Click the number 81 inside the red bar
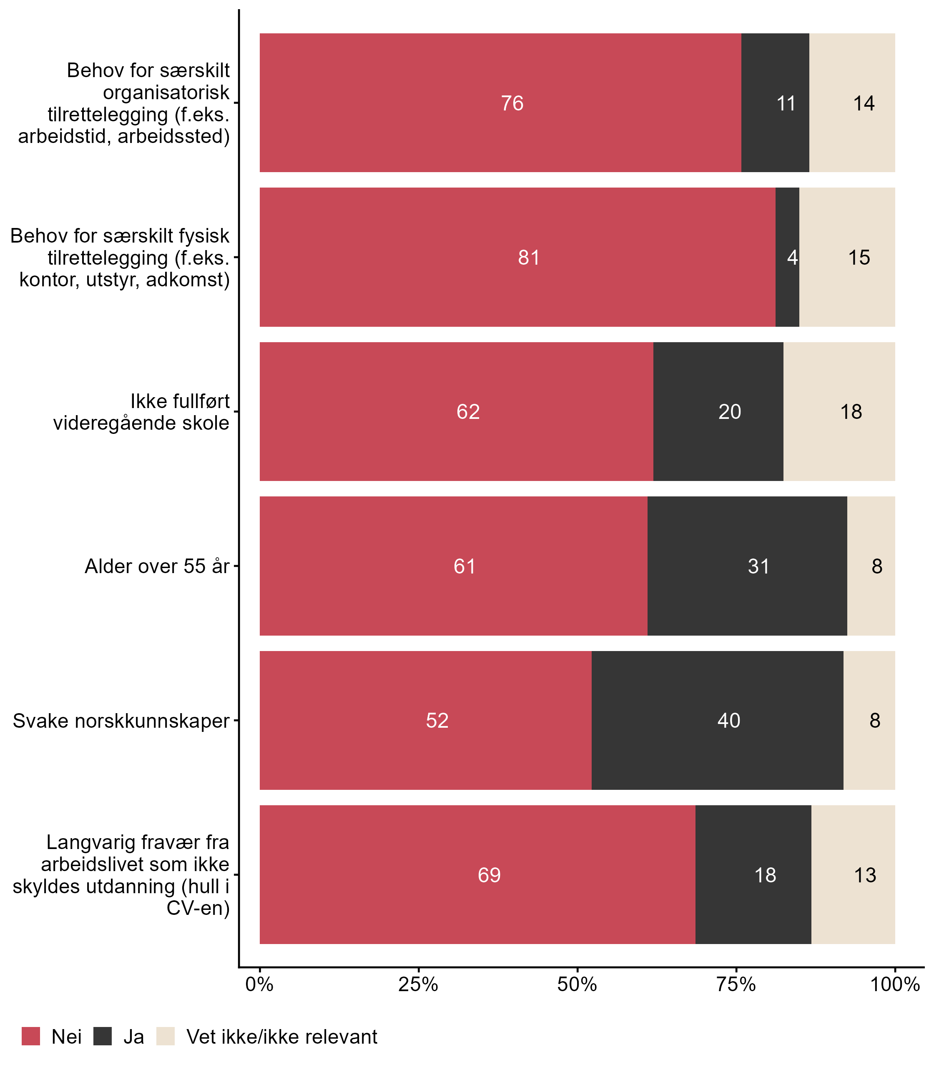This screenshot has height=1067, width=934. [x=529, y=258]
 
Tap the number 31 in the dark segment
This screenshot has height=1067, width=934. [x=758, y=566]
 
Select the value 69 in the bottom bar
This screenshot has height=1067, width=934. [x=489, y=875]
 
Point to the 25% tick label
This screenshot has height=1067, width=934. [x=418, y=984]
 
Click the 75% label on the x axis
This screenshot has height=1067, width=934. [x=736, y=984]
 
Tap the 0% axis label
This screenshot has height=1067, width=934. [x=259, y=984]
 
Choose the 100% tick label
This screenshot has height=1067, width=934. [x=894, y=984]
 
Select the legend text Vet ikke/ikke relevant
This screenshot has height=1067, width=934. [x=281, y=1037]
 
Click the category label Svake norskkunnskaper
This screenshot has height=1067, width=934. [x=121, y=721]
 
